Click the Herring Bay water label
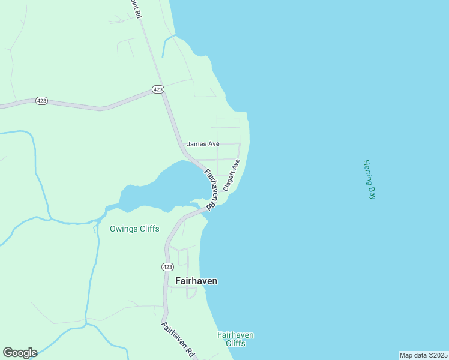(369, 179)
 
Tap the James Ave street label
(203, 144)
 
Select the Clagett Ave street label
(232, 175)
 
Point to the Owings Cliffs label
(134, 229)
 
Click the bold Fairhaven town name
(196, 280)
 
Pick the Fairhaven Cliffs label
(235, 339)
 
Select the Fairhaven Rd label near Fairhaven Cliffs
(179, 340)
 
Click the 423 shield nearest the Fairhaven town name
(168, 266)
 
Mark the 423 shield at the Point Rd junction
(158, 89)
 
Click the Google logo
(20, 353)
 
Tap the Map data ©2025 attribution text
(423, 355)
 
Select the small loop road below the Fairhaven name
(191, 293)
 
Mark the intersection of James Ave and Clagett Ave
(240, 144)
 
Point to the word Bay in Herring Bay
(370, 193)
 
